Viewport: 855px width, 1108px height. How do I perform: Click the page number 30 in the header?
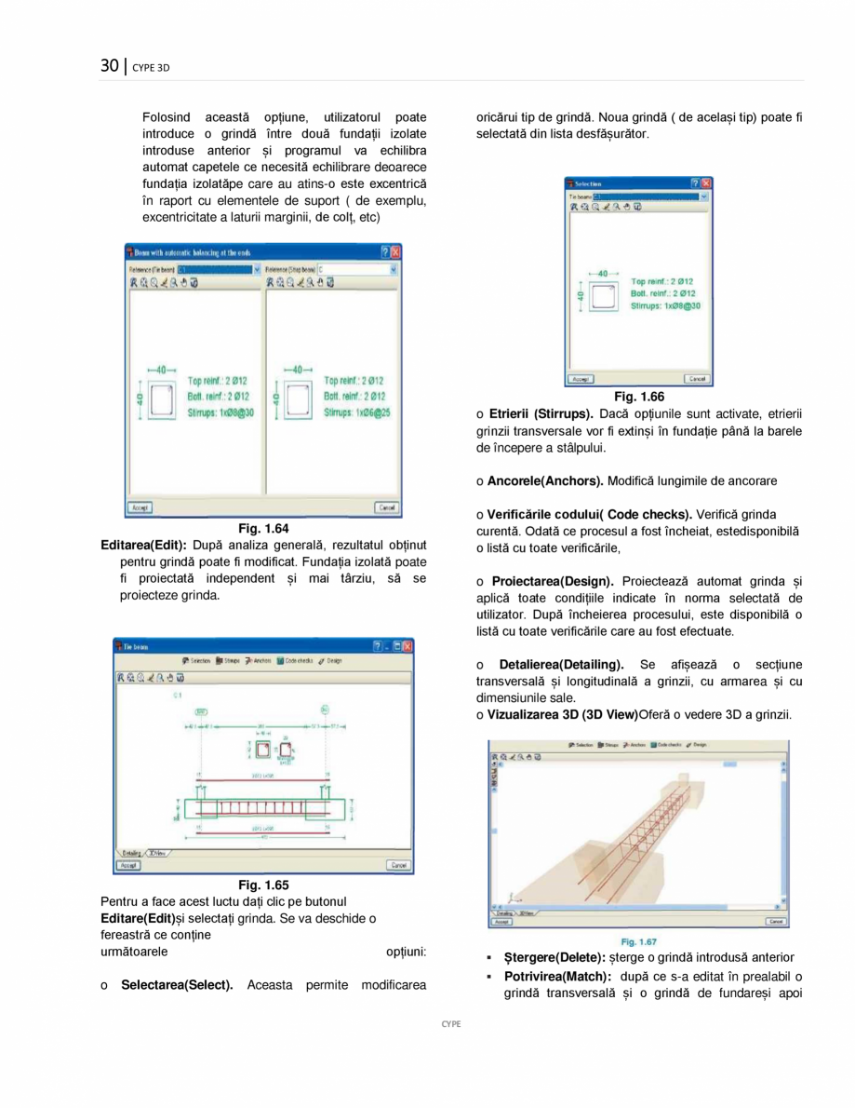110,65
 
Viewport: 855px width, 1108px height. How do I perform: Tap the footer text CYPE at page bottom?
451,1023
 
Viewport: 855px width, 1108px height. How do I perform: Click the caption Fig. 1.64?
263,528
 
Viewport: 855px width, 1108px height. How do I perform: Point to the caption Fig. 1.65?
263,885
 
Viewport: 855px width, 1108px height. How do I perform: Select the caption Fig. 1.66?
638,397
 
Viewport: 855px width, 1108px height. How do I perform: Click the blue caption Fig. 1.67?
639,941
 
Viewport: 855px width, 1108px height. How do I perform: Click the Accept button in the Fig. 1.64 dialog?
140,508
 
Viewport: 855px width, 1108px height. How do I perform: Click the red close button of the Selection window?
706,183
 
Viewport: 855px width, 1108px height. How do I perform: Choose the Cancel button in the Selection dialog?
696,379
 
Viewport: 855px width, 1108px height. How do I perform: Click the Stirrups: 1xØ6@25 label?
357,411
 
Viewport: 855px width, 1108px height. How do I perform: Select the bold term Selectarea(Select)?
177,985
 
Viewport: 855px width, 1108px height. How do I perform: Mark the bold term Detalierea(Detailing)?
561,665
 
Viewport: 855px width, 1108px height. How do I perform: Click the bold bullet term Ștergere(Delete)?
554,957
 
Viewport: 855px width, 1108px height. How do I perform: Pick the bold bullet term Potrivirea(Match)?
557,976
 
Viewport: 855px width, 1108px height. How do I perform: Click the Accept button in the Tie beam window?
128,865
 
